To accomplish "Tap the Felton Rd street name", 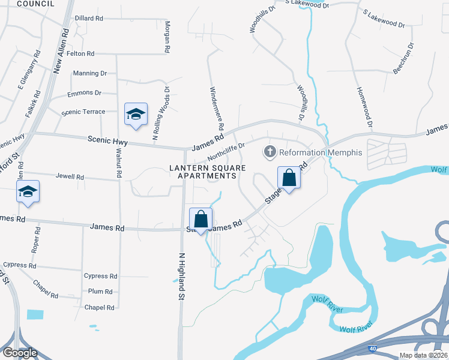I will [81, 54].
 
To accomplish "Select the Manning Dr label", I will [89, 73].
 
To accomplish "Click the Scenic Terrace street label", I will [83, 112].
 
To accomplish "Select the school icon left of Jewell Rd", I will [28, 192].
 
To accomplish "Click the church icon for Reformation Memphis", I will [270, 152].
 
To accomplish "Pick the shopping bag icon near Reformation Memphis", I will [289, 178].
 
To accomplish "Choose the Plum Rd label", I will [100, 292].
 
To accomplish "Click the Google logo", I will [20, 353].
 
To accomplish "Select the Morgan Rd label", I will [167, 37].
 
